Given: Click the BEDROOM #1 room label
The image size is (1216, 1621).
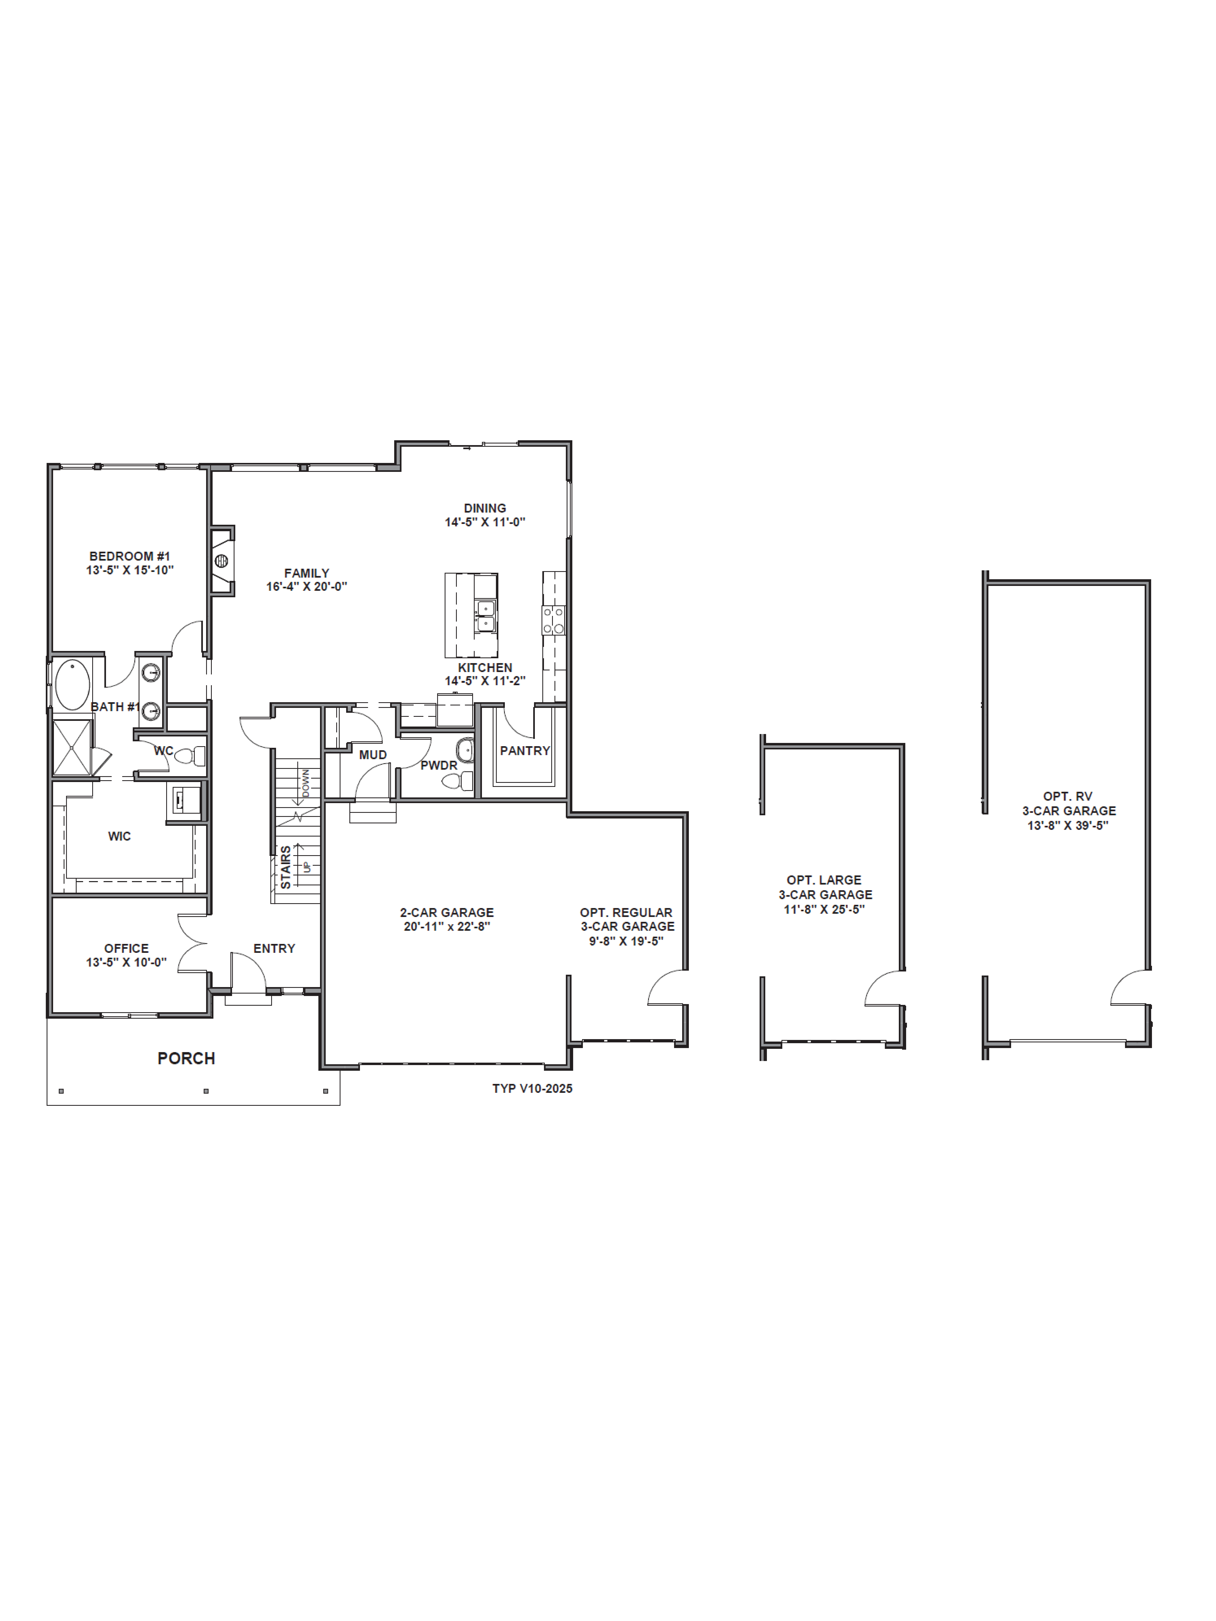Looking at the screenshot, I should pos(130,556).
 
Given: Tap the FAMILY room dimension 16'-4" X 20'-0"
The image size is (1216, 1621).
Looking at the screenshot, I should pos(306,586).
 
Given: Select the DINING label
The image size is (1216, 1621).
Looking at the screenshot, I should pos(485,508).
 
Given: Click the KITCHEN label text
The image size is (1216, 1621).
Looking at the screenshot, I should pos(485,668).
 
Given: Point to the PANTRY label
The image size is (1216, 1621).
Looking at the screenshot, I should pos(525,750).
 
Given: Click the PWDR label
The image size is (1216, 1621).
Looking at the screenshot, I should pos(439,765).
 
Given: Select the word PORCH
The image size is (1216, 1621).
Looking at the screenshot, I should pos(186,1058).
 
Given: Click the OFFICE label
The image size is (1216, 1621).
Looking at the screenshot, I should pos(126,948).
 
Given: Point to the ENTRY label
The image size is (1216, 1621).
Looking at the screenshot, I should pos(274,948).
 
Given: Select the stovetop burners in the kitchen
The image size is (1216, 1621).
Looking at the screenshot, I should pos(553,620).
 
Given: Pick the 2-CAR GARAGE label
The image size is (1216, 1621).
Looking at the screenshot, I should pos(446,912).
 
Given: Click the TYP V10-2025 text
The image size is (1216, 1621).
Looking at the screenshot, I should pos(532,1088).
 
